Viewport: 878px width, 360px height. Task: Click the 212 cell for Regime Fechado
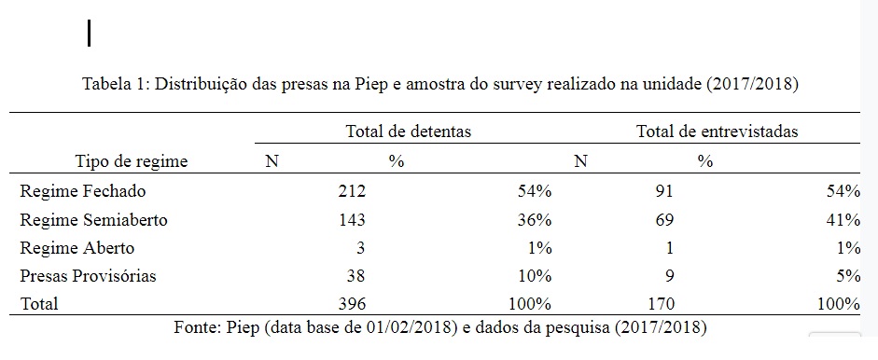(x=352, y=191)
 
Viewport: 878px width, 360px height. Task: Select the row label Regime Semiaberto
(x=93, y=220)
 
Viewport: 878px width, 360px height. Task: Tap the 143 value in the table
(x=352, y=220)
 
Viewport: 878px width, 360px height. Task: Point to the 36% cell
(x=535, y=220)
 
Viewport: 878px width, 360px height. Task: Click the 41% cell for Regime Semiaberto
(x=843, y=220)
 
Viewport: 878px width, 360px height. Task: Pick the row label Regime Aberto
(x=77, y=248)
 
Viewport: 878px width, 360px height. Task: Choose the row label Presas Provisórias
(x=88, y=276)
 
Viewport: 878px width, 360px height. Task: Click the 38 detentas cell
(x=355, y=276)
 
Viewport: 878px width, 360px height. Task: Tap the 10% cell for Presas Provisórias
(x=535, y=276)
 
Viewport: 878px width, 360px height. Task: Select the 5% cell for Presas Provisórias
(x=848, y=276)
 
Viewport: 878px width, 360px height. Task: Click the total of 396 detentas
(x=352, y=304)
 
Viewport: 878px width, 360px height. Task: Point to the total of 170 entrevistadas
(x=661, y=304)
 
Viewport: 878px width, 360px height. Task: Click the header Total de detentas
(x=408, y=132)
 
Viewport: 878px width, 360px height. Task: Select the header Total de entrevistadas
(x=717, y=132)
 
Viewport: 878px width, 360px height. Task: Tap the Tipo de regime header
(x=132, y=162)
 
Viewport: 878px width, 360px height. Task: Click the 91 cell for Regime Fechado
(x=664, y=191)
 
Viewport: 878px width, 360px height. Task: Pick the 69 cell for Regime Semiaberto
(x=664, y=220)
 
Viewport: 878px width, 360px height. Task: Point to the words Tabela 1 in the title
(x=115, y=85)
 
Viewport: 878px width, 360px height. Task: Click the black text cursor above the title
(x=89, y=33)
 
